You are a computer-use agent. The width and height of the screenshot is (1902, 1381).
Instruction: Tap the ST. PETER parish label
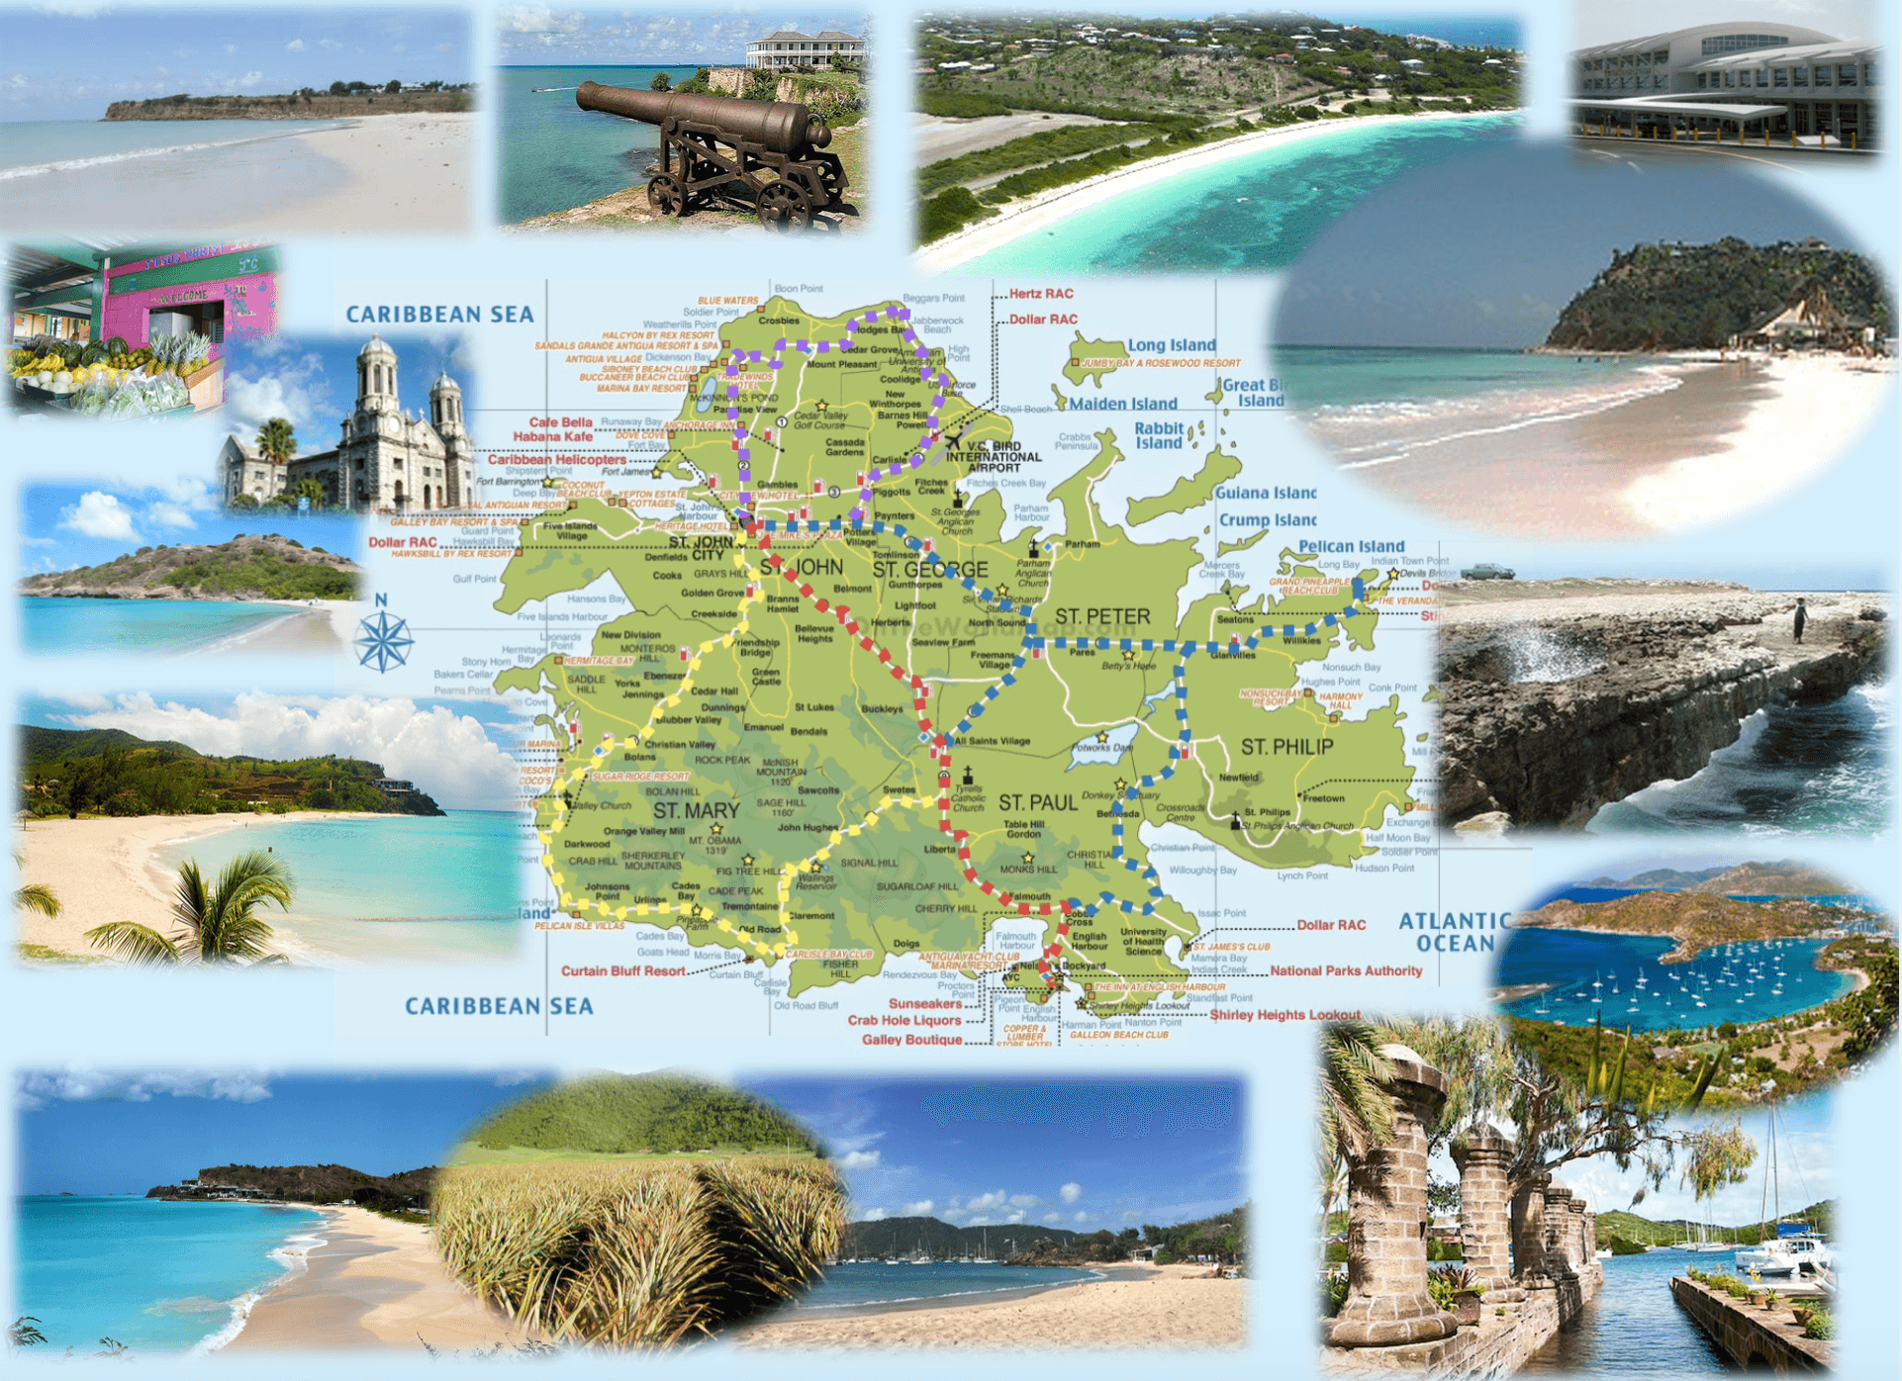1101,617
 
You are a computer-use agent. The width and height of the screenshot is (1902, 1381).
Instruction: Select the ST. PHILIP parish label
1286,747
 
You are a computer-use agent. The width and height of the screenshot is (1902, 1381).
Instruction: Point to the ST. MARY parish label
696,810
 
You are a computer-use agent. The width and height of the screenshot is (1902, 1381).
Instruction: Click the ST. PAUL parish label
1037,802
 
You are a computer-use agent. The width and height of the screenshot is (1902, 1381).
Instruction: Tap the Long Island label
1172,345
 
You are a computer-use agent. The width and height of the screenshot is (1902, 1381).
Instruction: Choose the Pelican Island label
1351,546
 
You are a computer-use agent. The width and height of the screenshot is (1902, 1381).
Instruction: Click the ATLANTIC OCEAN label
1455,932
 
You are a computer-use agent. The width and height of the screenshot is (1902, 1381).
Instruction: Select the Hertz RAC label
1041,294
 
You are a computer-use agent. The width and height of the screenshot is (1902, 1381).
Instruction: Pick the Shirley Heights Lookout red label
1284,1015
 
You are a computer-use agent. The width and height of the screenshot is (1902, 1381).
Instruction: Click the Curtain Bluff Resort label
622,971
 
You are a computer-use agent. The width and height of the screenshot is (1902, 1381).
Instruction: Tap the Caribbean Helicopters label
556,459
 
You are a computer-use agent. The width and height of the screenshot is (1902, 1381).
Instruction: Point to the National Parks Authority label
1346,971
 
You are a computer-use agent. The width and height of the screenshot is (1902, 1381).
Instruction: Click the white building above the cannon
804,50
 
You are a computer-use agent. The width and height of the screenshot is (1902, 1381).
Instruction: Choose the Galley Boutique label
911,1040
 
